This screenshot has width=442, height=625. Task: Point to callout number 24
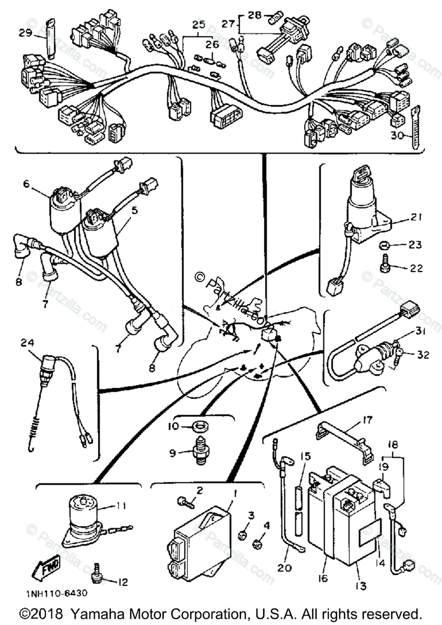pos(27,343)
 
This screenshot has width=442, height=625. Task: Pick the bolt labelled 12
pos(96,577)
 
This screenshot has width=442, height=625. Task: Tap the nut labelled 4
pos(257,544)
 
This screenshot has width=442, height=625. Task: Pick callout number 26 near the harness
pos(211,45)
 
